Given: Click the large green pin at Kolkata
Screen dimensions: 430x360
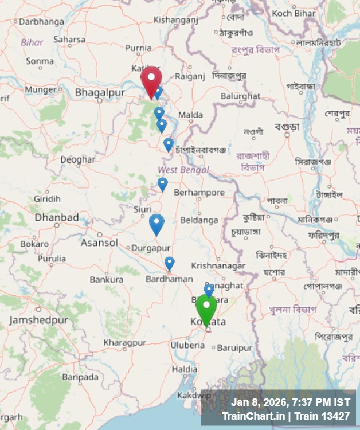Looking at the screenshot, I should [x=206, y=310].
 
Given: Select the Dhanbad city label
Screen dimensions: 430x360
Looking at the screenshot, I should [x=57, y=218].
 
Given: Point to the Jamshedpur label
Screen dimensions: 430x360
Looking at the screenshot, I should [x=38, y=320].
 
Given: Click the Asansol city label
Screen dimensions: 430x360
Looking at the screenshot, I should [x=99, y=243].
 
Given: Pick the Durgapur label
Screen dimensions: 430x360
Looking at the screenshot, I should [x=151, y=248].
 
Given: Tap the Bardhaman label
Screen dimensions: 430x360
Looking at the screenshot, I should [x=169, y=279].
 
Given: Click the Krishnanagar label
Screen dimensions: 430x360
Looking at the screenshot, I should [x=218, y=266].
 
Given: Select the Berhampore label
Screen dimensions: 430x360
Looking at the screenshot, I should [x=199, y=193].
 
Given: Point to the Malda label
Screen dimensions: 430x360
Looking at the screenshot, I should [x=190, y=115].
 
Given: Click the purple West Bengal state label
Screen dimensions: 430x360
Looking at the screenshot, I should [x=183, y=170].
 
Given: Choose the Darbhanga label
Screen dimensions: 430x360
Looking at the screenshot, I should [x=41, y=22].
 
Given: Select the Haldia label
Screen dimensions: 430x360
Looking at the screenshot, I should [x=185, y=369].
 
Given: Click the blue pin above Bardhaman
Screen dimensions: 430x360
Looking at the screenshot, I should [x=169, y=263].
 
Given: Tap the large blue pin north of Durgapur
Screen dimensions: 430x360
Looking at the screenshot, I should [x=156, y=224].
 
